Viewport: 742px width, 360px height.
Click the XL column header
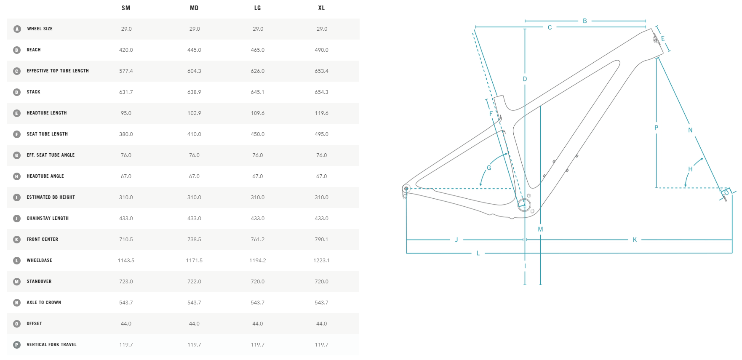pos(321,8)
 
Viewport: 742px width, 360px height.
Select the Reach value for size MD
pos(194,50)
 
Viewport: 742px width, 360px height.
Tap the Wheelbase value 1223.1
pos(321,261)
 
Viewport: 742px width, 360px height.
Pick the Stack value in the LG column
pos(257,92)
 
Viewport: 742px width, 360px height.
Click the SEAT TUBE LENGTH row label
pos(47,134)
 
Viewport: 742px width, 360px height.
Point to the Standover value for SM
pos(126,282)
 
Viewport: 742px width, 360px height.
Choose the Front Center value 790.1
pos(321,240)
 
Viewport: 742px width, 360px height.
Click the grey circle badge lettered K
pos(17,240)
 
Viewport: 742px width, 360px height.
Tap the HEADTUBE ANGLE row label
pos(45,176)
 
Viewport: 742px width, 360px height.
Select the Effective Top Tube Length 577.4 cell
pos(126,71)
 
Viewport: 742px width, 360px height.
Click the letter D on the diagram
pos(525,79)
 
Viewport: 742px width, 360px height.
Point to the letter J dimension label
pos(456,240)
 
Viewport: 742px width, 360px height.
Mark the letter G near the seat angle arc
pos(489,168)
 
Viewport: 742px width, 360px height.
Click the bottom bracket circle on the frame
pos(524,205)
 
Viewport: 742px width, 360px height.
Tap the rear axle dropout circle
pos(406,189)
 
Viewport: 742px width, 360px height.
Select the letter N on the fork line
pos(690,131)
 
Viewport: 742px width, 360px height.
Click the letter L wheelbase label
pos(478,253)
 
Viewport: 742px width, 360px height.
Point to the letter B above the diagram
pos(585,21)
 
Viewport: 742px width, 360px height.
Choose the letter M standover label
pos(540,229)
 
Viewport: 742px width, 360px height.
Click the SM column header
pos(126,8)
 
